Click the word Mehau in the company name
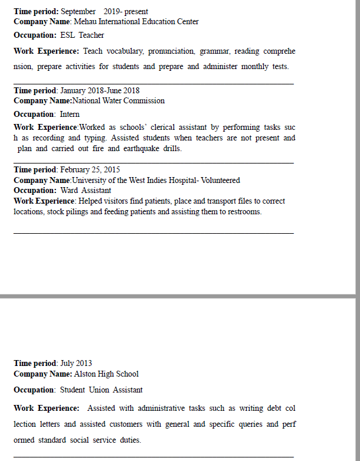point(85,22)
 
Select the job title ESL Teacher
point(82,35)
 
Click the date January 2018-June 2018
point(100,91)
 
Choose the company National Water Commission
point(119,101)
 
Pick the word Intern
point(70,115)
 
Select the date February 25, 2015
point(90,170)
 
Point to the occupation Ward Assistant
point(86,191)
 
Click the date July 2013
point(76,364)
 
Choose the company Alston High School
point(106,374)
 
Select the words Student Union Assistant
point(101,390)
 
